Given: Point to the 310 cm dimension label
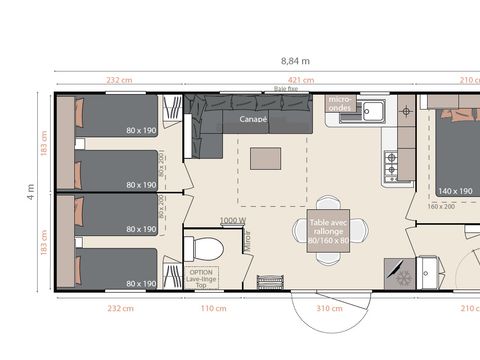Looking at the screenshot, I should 324,307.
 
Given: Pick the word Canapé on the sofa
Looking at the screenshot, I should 253,118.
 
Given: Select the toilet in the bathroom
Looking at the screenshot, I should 207,248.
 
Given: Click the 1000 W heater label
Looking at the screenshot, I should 233,220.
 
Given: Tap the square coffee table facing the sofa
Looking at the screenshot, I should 265,158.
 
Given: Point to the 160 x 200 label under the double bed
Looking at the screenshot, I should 441,207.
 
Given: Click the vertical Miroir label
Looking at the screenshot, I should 248,240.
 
